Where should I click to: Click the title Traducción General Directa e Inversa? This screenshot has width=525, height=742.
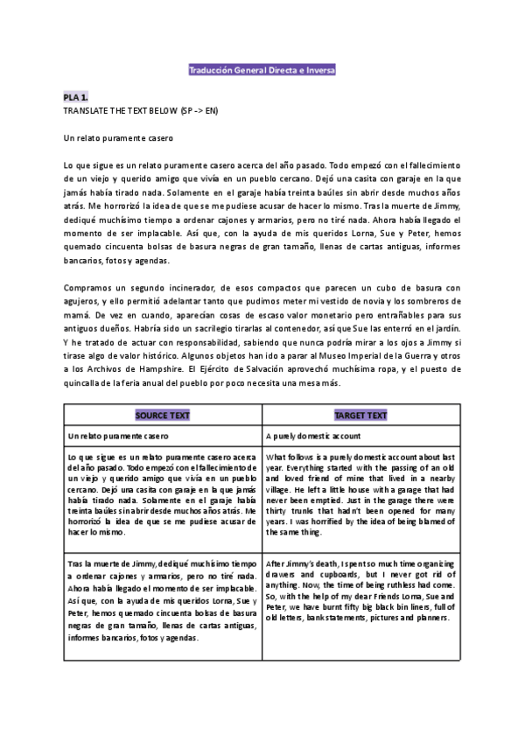(x=262, y=69)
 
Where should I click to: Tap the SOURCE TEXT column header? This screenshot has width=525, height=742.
(x=163, y=415)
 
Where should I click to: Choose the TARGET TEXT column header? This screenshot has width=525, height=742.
(x=361, y=415)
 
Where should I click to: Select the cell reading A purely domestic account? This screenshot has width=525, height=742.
(x=312, y=435)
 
